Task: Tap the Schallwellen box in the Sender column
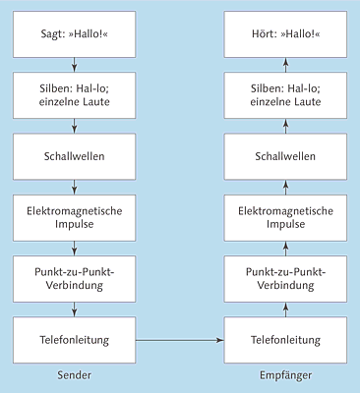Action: pyautogui.click(x=76, y=156)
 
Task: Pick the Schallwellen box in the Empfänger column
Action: pyautogui.click(x=287, y=156)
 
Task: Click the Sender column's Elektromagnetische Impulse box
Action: pyautogui.click(x=76, y=218)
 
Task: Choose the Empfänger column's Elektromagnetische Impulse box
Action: pyautogui.click(x=287, y=218)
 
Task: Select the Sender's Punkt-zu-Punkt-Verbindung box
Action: pyautogui.click(x=76, y=279)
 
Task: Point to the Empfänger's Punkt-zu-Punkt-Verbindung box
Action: pyautogui.click(x=287, y=279)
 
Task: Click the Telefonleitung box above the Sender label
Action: pyautogui.click(x=76, y=340)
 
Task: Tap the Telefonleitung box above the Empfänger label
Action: pyautogui.click(x=287, y=340)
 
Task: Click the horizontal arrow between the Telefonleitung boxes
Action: pyautogui.click(x=182, y=340)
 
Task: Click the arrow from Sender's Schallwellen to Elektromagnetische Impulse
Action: pyautogui.click(x=76, y=188)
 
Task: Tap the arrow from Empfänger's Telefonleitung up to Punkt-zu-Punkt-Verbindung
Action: pyautogui.click(x=287, y=309)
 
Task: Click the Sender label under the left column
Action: pyautogui.click(x=76, y=377)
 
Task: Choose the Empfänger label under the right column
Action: pyautogui.click(x=287, y=377)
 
